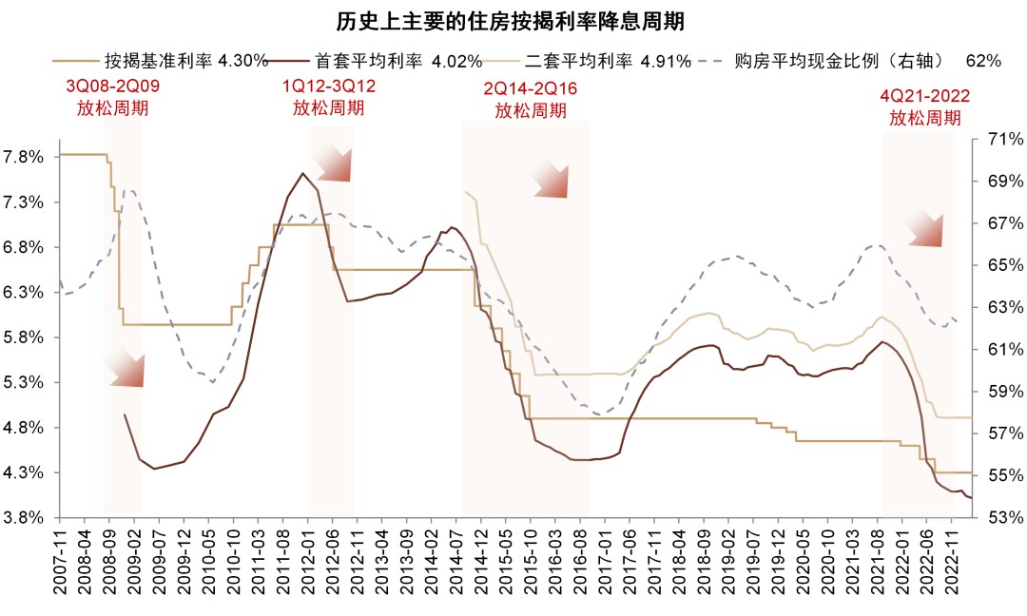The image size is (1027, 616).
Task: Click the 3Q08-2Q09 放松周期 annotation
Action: pyautogui.click(x=112, y=97)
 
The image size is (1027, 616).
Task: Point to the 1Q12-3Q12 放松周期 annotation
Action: pyautogui.click(x=328, y=97)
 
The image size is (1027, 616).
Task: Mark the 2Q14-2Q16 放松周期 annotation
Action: pyautogui.click(x=531, y=100)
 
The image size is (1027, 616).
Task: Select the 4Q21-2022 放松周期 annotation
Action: pyautogui.click(x=924, y=107)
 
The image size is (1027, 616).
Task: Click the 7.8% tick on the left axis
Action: pyautogui.click(x=25, y=157)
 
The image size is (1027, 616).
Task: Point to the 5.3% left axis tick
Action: pyautogui.click(x=25, y=382)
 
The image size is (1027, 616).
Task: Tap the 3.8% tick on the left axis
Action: pyautogui.click(x=25, y=517)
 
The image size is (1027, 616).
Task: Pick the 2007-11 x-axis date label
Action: pyautogui.click(x=60, y=561)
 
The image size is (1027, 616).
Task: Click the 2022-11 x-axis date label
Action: pyautogui.click(x=955, y=561)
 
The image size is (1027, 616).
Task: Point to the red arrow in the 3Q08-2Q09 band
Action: pyautogui.click(x=126, y=368)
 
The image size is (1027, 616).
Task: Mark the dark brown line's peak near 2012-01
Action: pyautogui.click(x=302, y=173)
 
